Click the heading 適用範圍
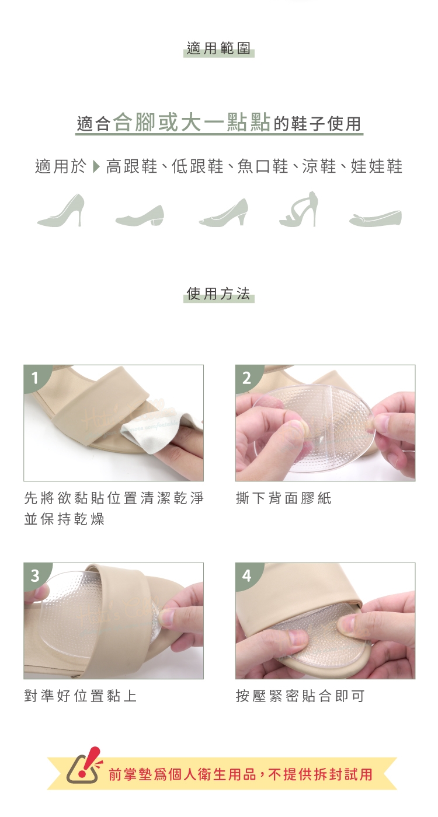[218, 48]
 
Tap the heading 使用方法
[218, 293]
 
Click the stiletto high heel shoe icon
[61, 211]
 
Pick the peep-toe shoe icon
[223, 212]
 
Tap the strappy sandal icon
[298, 209]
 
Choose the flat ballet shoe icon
[375, 218]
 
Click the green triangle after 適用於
[96, 167]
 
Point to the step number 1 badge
[35, 377]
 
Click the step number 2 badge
[246, 377]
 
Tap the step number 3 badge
[35, 575]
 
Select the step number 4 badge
[246, 575]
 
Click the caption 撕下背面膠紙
[284, 498]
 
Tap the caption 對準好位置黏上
[81, 696]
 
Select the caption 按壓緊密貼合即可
[300, 696]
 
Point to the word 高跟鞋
[132, 167]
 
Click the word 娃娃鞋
[377, 167]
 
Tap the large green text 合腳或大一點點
[192, 123]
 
